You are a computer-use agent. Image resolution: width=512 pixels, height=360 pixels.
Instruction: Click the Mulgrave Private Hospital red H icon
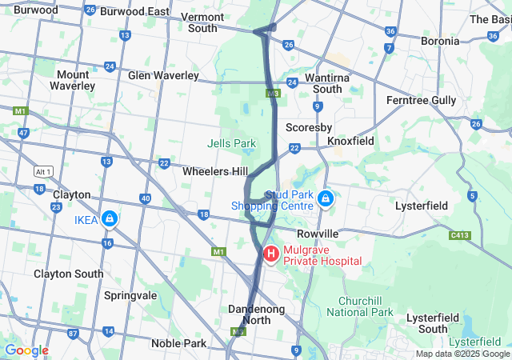point(270,254)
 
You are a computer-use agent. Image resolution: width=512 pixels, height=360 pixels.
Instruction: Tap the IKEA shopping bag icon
point(108,218)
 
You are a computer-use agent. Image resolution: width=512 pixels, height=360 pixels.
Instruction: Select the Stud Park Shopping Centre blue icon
point(326,198)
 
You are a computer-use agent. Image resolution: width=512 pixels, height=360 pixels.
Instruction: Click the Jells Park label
point(231,143)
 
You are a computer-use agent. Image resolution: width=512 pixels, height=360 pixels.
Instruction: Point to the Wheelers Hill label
point(214,172)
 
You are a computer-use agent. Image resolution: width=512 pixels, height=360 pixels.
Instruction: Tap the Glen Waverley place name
point(163,75)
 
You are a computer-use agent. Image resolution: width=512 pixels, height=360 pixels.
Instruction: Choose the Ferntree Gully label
point(421,100)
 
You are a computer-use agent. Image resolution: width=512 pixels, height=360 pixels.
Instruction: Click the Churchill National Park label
point(360,306)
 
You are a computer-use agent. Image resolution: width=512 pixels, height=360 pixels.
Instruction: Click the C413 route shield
point(460,235)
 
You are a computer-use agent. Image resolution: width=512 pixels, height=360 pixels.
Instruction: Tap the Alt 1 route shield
point(43,172)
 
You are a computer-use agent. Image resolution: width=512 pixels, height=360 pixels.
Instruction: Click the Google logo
point(26,350)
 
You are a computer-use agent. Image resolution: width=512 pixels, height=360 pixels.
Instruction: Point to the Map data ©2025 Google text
point(462,354)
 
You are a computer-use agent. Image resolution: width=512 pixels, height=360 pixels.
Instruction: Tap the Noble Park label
point(178,343)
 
